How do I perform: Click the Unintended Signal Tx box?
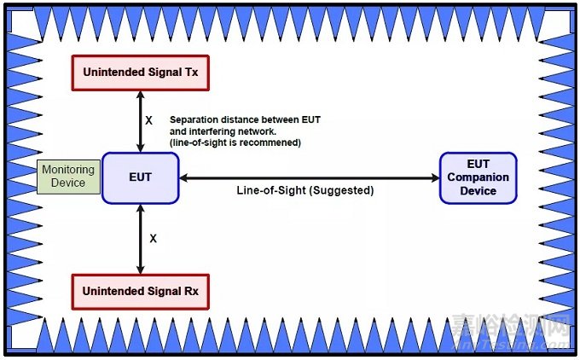[x=140, y=73]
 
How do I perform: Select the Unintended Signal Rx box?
[x=140, y=291]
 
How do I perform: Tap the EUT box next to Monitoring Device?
[x=140, y=178]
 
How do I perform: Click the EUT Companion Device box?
[x=478, y=178]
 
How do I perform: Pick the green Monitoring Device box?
[x=68, y=177]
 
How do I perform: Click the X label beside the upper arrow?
[x=148, y=121]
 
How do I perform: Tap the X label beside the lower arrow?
[x=154, y=240]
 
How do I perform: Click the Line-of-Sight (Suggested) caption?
[x=305, y=190]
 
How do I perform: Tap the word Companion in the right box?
[x=478, y=177]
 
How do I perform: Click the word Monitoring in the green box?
[x=68, y=170]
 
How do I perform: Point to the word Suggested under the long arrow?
[x=345, y=190]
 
